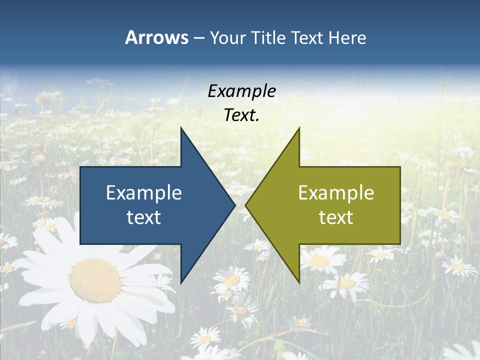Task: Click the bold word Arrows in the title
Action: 156,37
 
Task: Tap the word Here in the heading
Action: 348,37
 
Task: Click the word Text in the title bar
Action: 308,37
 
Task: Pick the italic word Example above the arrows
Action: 241,91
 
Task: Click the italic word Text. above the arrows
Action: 241,115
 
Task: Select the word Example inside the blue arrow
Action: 144,192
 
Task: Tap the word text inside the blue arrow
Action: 144,217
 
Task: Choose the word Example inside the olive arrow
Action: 336,192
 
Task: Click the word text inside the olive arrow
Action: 336,217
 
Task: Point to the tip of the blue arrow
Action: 234,205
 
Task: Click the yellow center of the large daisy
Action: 95,280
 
